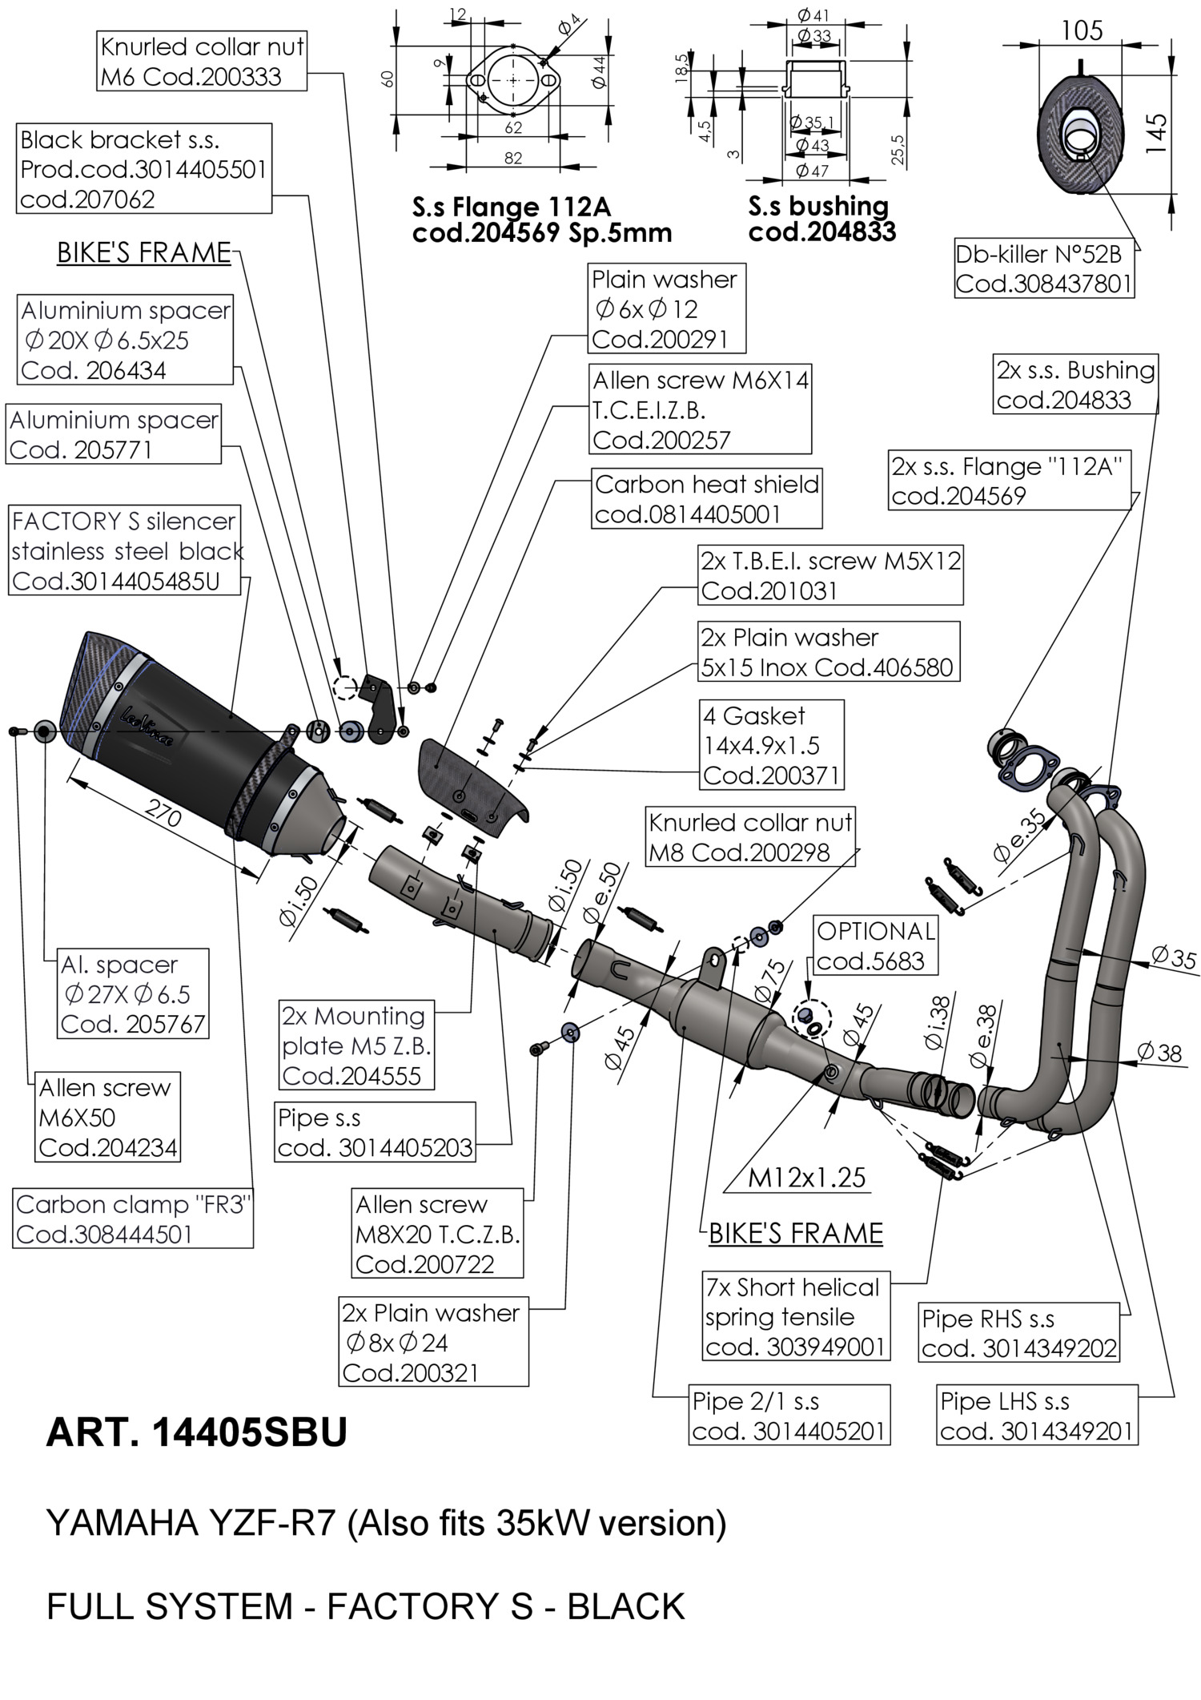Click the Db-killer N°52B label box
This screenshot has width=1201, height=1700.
pyautogui.click(x=1044, y=269)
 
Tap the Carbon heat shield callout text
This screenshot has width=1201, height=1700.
pyautogui.click(x=707, y=499)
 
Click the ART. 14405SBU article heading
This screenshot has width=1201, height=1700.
pyautogui.click(x=197, y=1432)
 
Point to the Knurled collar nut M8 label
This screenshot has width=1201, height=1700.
pyautogui.click(x=750, y=837)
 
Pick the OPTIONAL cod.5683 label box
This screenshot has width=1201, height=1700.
pyautogui.click(x=875, y=945)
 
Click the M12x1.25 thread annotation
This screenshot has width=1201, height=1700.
pyautogui.click(x=807, y=1177)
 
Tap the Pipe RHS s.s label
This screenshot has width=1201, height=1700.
pyautogui.click(x=1018, y=1333)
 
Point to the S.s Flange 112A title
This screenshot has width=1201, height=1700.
pyautogui.click(x=511, y=207)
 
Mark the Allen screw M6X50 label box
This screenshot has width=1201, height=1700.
pyautogui.click(x=107, y=1118)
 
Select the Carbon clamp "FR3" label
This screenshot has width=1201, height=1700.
pyautogui.click(x=133, y=1219)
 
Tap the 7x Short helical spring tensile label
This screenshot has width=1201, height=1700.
pyautogui.click(x=795, y=1317)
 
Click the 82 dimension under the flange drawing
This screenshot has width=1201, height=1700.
pyautogui.click(x=512, y=159)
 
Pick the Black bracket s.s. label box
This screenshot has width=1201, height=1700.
pyautogui.click(x=144, y=169)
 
